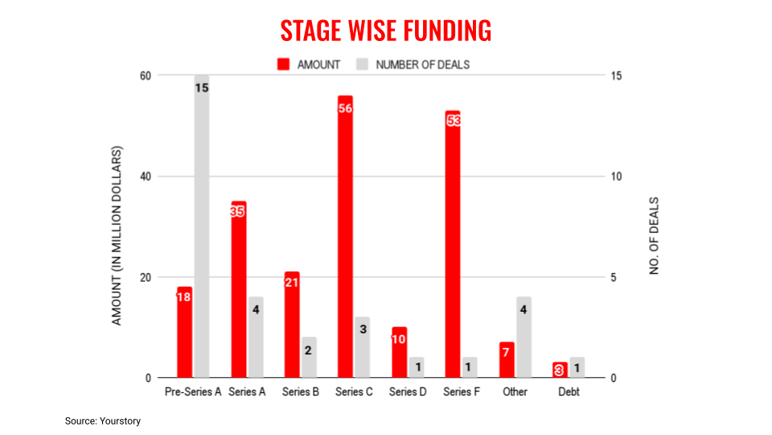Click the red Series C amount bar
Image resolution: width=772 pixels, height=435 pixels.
[346, 242]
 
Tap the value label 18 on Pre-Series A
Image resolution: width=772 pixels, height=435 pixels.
[184, 296]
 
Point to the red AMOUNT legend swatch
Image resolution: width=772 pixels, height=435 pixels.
[284, 64]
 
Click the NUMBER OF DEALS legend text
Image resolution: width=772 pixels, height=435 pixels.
[422, 64]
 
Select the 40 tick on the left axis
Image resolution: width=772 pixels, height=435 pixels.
[146, 176]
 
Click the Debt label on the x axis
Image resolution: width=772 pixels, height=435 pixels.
[569, 392]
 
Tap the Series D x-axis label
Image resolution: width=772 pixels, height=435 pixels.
[408, 392]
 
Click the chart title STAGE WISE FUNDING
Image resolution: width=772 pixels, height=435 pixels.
[386, 31]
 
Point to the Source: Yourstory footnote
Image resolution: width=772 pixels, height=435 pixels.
[103, 420]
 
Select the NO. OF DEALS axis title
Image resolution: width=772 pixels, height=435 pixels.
[654, 235]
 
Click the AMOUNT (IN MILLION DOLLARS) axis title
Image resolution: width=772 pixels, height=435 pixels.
[117, 235]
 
